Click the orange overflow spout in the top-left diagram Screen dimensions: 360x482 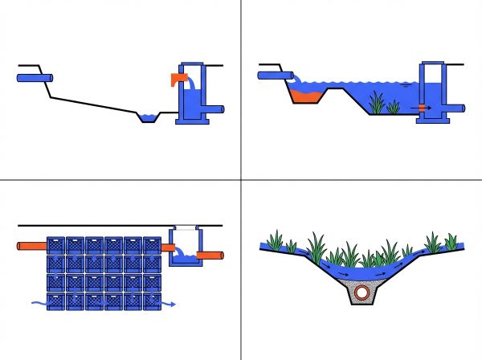(178, 78)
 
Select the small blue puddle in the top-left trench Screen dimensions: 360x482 (148, 119)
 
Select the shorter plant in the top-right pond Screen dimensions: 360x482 (394, 106)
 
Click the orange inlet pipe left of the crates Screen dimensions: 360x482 (31, 247)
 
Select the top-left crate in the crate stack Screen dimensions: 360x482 (56, 245)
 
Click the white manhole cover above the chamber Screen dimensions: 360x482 (184, 229)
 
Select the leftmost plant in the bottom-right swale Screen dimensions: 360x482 (276, 239)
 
